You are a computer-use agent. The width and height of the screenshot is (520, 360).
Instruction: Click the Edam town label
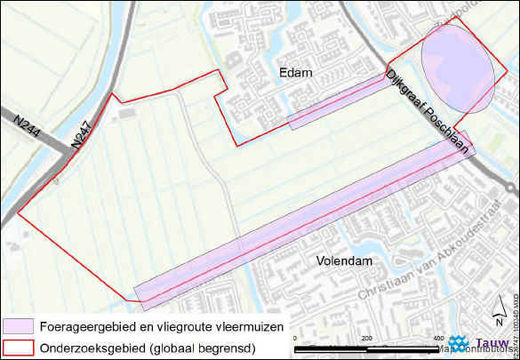(295, 73)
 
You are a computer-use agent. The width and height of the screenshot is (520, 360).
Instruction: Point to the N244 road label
(22, 127)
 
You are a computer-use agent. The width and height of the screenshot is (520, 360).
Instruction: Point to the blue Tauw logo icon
(461, 341)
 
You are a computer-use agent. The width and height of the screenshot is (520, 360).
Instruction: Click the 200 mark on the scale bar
(366, 339)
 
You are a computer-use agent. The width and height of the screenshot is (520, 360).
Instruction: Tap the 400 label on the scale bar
(437, 339)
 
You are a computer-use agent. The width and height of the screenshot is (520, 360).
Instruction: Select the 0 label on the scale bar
(295, 339)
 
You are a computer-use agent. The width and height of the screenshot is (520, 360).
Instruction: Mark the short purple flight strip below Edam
(338, 102)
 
